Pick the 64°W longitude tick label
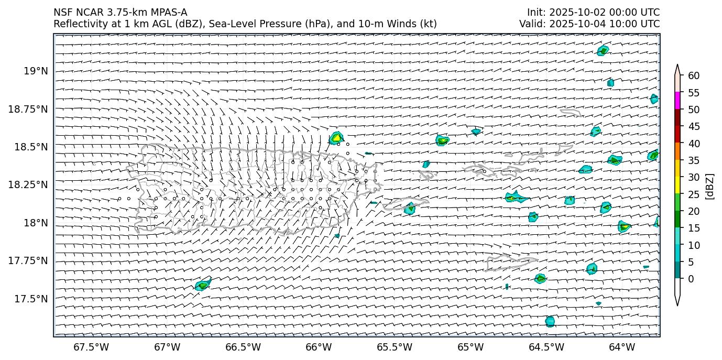(x=622, y=347)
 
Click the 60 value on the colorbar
(x=694, y=76)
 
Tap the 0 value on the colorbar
(x=691, y=279)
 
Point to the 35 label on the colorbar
(x=694, y=160)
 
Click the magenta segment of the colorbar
(x=677, y=101)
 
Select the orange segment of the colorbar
(x=677, y=151)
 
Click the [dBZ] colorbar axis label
(x=710, y=186)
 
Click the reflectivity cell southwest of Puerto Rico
(x=203, y=285)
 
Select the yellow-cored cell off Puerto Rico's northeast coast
(x=336, y=138)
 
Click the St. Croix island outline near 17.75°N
(x=510, y=262)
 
